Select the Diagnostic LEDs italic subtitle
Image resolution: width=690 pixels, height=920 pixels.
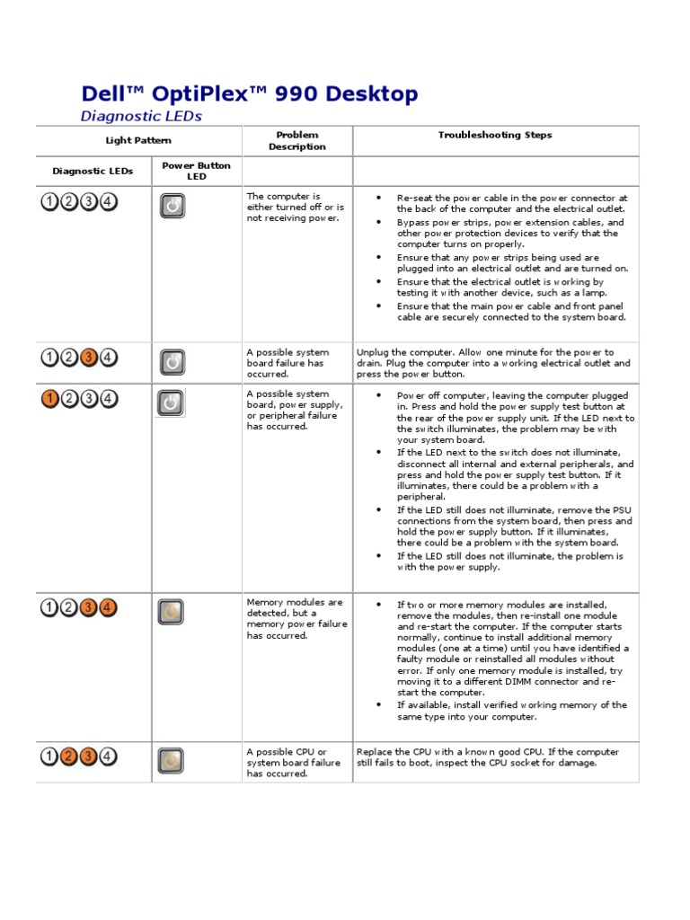tap(141, 116)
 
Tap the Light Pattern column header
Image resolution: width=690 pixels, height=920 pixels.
tap(138, 140)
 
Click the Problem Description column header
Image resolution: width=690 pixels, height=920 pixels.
tap(297, 141)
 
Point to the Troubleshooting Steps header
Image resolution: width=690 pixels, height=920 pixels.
tap(495, 135)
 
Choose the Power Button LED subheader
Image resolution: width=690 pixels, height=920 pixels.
tap(196, 171)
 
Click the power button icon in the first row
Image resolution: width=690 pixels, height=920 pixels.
tap(172, 207)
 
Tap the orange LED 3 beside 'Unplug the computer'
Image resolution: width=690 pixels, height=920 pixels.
tap(89, 358)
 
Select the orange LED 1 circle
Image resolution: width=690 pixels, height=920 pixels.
tap(50, 398)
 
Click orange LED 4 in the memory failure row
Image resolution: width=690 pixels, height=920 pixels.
tap(108, 607)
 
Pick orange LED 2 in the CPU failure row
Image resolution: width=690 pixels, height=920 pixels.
tap(69, 756)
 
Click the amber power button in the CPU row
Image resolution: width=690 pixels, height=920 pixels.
tap(171, 761)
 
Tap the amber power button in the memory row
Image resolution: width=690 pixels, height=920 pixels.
tap(172, 612)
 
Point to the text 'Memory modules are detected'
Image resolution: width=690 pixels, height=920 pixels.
tap(295, 607)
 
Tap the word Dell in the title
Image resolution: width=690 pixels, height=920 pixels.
tap(101, 94)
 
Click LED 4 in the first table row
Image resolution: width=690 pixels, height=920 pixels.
tap(108, 201)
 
